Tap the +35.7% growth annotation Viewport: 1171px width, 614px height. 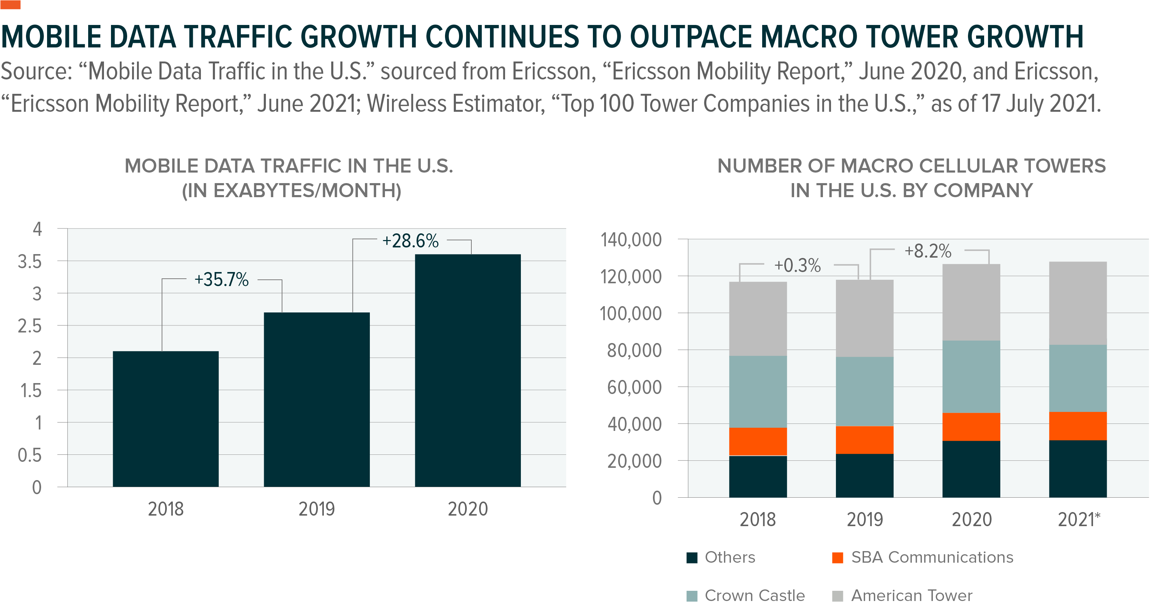pyautogui.click(x=221, y=279)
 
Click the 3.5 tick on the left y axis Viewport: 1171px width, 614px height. pyautogui.click(x=30, y=261)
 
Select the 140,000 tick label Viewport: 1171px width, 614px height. pyautogui.click(x=630, y=240)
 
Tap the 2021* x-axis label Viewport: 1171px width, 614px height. pyautogui.click(x=1078, y=519)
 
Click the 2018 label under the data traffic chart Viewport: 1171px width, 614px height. pyautogui.click(x=165, y=509)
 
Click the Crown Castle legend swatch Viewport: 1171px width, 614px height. pyautogui.click(x=692, y=596)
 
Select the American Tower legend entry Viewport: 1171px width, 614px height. pyautogui.click(x=911, y=595)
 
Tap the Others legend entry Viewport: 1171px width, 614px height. pyautogui.click(x=729, y=557)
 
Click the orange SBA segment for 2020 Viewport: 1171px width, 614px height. pyautogui.click(x=971, y=427)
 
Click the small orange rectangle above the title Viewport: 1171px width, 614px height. pyautogui.click(x=11, y=5)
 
